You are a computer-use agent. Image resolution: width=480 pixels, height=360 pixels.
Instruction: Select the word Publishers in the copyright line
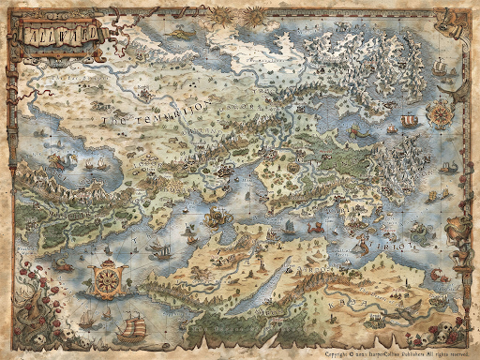pos(414,354)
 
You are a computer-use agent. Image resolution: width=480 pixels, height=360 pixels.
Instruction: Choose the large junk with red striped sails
pos(131,325)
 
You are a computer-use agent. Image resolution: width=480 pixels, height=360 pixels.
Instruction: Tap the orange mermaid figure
pos(362,246)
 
